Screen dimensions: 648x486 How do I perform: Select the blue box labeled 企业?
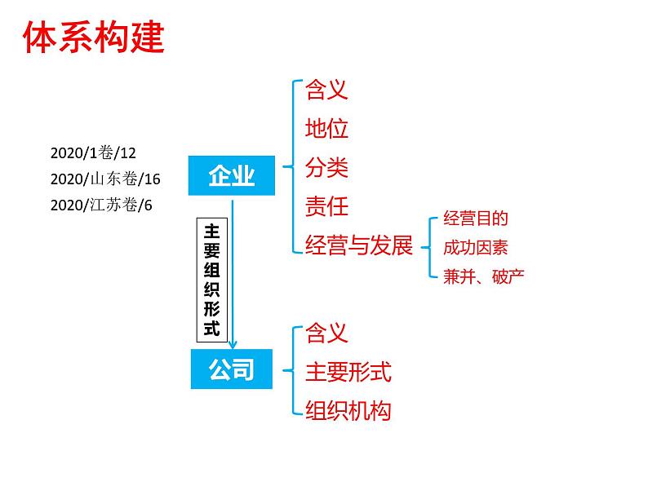pos(232,175)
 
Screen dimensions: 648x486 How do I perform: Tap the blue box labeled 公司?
pos(232,370)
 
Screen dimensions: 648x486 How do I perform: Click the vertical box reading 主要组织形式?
pos(211,278)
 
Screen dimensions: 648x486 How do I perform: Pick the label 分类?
pos(326,167)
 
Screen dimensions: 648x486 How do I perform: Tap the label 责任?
pos(326,206)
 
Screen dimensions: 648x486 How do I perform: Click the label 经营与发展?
pos(359,245)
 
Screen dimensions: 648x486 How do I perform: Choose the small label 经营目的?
pos(476,219)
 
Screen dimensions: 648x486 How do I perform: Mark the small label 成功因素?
pos(476,247)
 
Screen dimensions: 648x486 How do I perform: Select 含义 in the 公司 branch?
pos(326,333)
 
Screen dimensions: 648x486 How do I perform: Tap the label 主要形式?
pos(348,372)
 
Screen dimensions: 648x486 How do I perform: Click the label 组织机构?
pos(348,410)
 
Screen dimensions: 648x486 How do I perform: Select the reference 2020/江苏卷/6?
pos(101,205)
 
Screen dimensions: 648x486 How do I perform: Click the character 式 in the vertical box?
pos(211,328)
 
